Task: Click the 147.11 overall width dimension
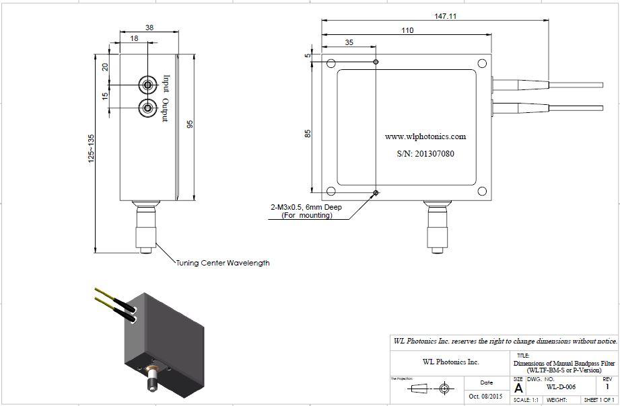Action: [446, 16]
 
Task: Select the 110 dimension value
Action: [407, 30]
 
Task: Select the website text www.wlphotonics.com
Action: [425, 136]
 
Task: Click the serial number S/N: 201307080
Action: [425, 154]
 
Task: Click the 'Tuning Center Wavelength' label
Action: [223, 263]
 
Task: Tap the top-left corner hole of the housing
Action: [331, 64]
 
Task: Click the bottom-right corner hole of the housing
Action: [482, 192]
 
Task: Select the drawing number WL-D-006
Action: [561, 387]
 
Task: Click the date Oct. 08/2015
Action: [485, 397]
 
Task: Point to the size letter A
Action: [518, 388]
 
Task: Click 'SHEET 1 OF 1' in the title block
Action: [598, 401]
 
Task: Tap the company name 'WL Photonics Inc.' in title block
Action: [450, 362]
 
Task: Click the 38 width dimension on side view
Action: [149, 28]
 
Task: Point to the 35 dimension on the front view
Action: [349, 42]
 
